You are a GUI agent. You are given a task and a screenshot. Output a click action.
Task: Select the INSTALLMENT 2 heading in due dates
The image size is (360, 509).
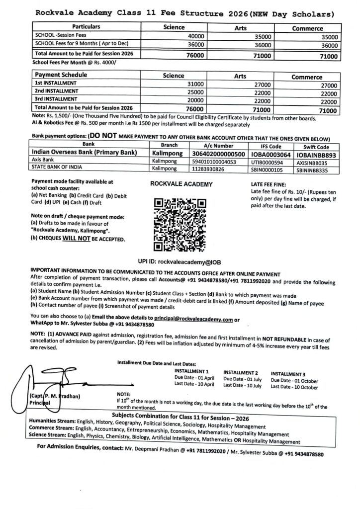click(240, 372)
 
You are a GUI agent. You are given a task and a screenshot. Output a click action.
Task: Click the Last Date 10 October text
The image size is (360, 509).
click(295, 387)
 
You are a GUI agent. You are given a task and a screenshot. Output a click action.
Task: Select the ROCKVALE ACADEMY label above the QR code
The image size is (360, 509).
click(181, 184)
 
